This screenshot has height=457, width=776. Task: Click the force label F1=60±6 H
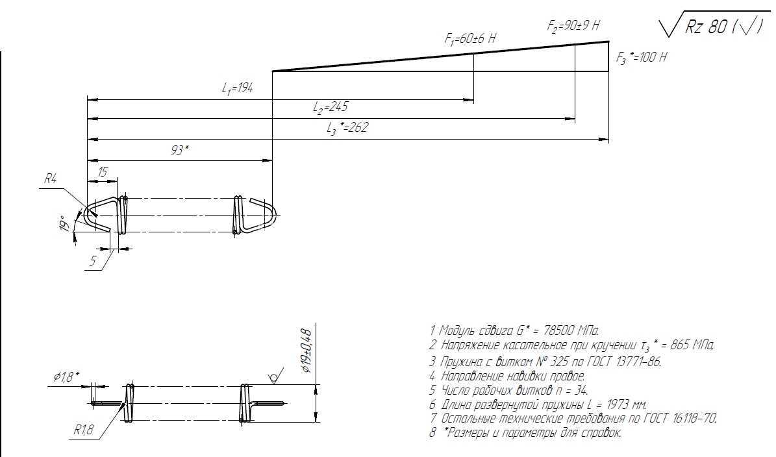pyautogui.click(x=470, y=38)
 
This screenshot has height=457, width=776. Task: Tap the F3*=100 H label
pyautogui.click(x=642, y=57)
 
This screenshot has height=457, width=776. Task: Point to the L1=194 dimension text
pyautogui.click(x=238, y=88)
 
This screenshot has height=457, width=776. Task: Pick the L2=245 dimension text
pyautogui.click(x=331, y=107)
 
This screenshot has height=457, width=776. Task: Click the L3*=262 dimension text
pyautogui.click(x=347, y=128)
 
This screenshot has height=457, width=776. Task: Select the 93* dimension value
pyautogui.click(x=180, y=150)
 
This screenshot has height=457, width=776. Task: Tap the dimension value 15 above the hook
pyautogui.click(x=103, y=172)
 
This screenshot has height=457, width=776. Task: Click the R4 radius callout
pyautogui.click(x=51, y=179)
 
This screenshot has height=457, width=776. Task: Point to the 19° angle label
pyautogui.click(x=64, y=223)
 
